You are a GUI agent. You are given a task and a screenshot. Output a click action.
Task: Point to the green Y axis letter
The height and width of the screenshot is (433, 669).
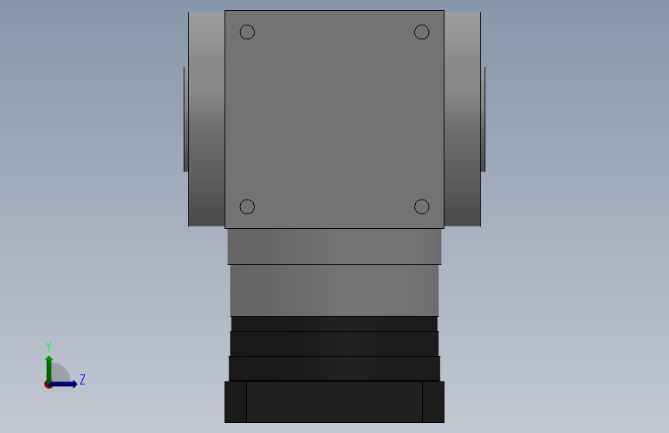tap(49, 347)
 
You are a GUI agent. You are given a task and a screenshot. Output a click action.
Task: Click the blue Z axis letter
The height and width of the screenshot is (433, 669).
tap(83, 379)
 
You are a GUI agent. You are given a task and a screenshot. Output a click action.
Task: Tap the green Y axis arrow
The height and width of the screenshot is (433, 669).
tap(49, 370)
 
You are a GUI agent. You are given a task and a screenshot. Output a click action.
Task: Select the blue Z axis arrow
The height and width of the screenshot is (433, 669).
tap(63, 384)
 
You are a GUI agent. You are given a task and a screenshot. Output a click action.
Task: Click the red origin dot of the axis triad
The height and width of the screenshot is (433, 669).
tap(48, 384)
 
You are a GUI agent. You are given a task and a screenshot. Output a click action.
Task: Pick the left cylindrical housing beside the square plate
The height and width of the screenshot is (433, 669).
tap(207, 119)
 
